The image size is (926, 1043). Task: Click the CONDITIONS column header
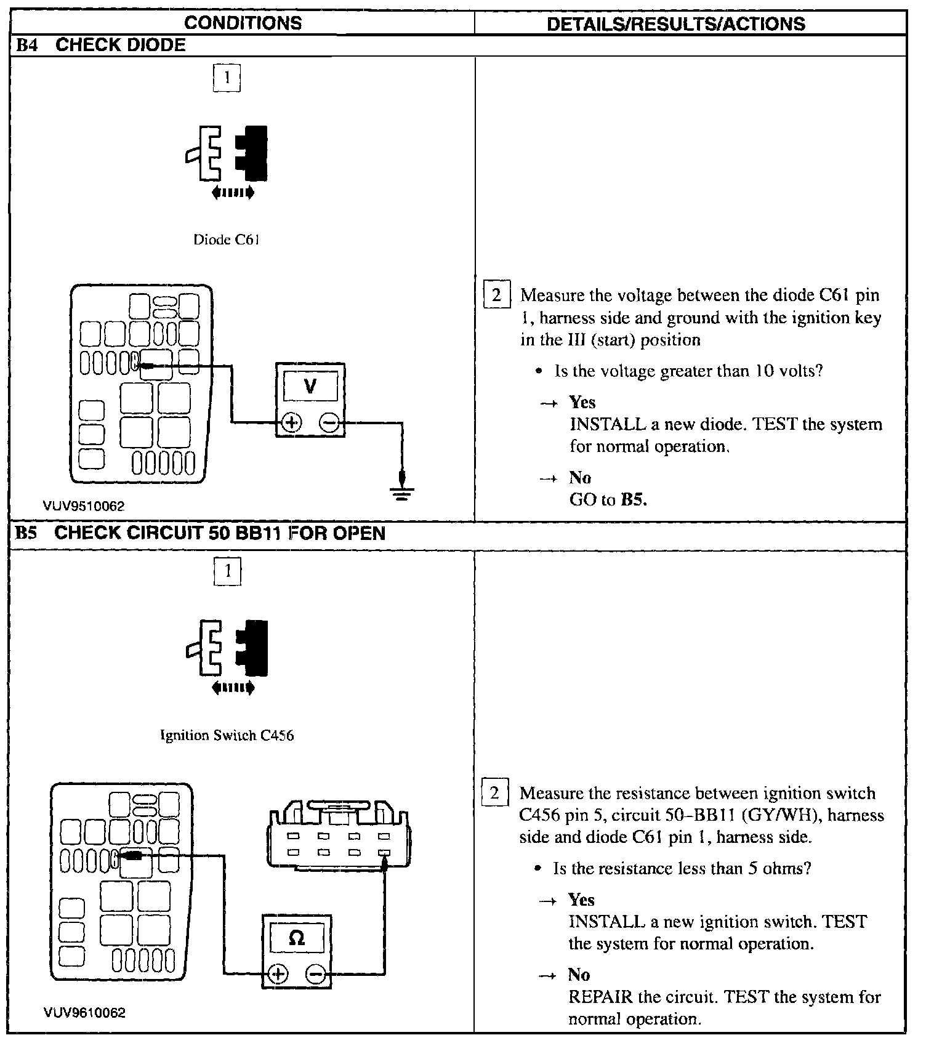pyautogui.click(x=243, y=23)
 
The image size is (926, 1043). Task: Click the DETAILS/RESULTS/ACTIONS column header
pyautogui.click(x=675, y=24)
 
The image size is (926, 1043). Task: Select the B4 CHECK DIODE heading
pyautogui.click(x=102, y=45)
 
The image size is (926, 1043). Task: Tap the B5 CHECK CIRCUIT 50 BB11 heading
pyautogui.click(x=201, y=533)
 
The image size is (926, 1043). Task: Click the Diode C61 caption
pyautogui.click(x=227, y=240)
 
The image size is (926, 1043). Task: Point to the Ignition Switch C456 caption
pyautogui.click(x=227, y=735)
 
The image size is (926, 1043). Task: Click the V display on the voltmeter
pyautogui.click(x=310, y=387)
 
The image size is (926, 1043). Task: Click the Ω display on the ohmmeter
pyautogui.click(x=297, y=938)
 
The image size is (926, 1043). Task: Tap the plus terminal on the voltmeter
pyautogui.click(x=292, y=423)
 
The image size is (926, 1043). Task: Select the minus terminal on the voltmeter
pyautogui.click(x=329, y=423)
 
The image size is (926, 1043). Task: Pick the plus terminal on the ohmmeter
pyautogui.click(x=278, y=974)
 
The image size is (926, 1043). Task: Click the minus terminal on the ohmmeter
pyautogui.click(x=316, y=974)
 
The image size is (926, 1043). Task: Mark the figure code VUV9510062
pyautogui.click(x=84, y=507)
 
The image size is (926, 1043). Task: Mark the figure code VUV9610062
pyautogui.click(x=84, y=1013)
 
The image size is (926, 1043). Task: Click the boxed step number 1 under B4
pyautogui.click(x=227, y=78)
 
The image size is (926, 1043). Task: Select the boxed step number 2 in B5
pyautogui.click(x=494, y=793)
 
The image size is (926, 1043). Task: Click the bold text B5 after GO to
pyautogui.click(x=633, y=499)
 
